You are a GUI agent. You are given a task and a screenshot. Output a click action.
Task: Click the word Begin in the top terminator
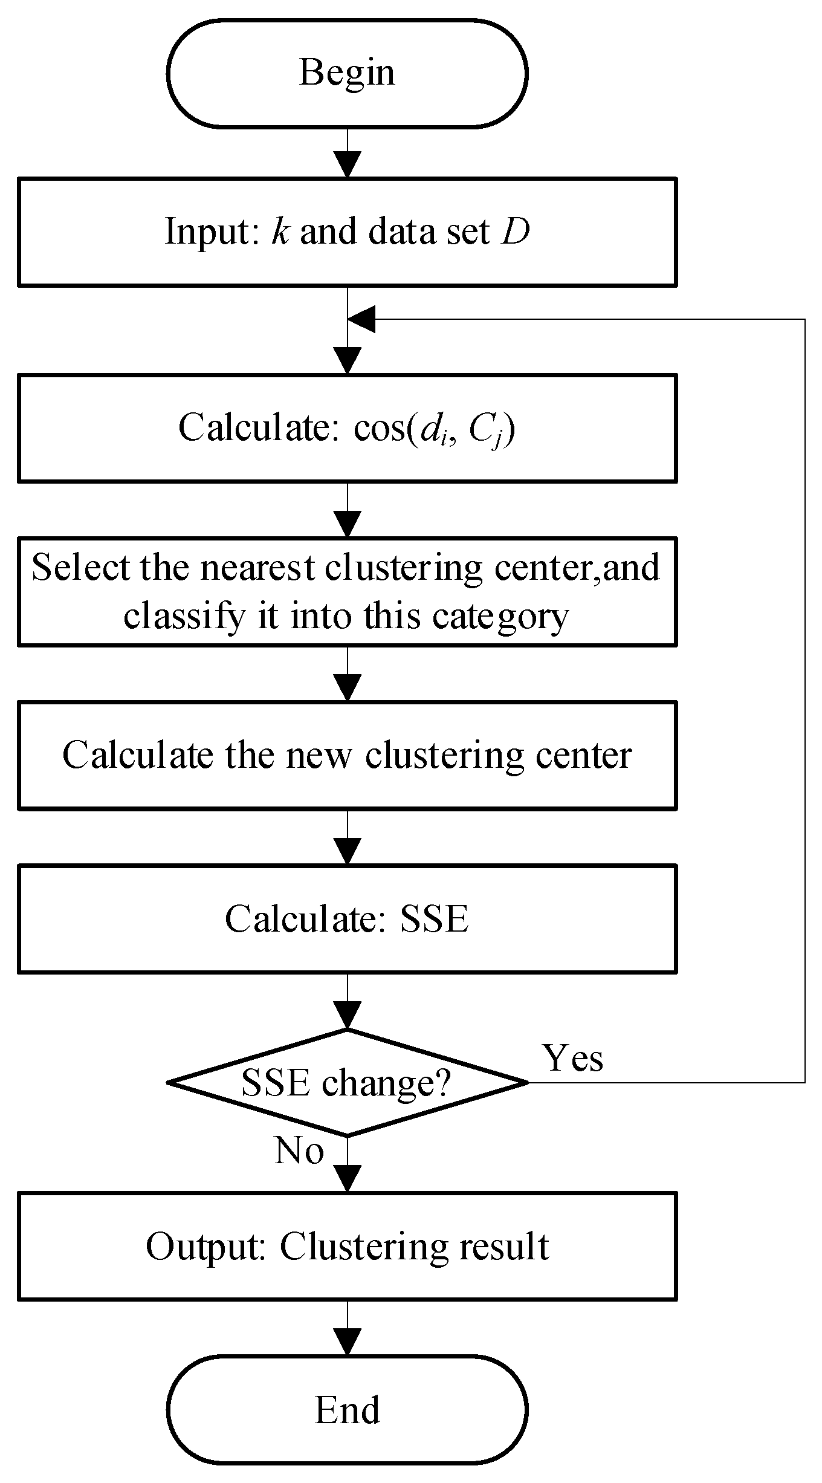click(347, 73)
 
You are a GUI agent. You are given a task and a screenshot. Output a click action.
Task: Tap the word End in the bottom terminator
click(347, 1410)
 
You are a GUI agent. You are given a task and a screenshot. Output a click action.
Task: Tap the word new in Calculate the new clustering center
click(318, 756)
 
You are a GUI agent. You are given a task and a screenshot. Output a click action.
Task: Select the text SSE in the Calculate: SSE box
click(434, 920)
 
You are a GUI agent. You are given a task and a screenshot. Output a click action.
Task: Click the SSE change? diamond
click(347, 1082)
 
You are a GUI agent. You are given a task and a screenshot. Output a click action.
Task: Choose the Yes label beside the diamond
click(573, 1058)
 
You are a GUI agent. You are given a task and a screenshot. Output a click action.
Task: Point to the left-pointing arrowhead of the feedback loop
click(361, 319)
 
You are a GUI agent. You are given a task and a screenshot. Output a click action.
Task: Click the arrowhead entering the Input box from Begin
click(348, 164)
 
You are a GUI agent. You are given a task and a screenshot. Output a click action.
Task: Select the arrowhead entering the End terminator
click(348, 1342)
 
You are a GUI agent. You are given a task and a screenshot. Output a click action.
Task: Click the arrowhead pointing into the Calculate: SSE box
click(348, 851)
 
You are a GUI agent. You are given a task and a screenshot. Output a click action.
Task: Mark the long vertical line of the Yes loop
click(805, 695)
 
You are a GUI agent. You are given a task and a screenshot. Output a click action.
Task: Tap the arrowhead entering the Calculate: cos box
click(348, 361)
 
